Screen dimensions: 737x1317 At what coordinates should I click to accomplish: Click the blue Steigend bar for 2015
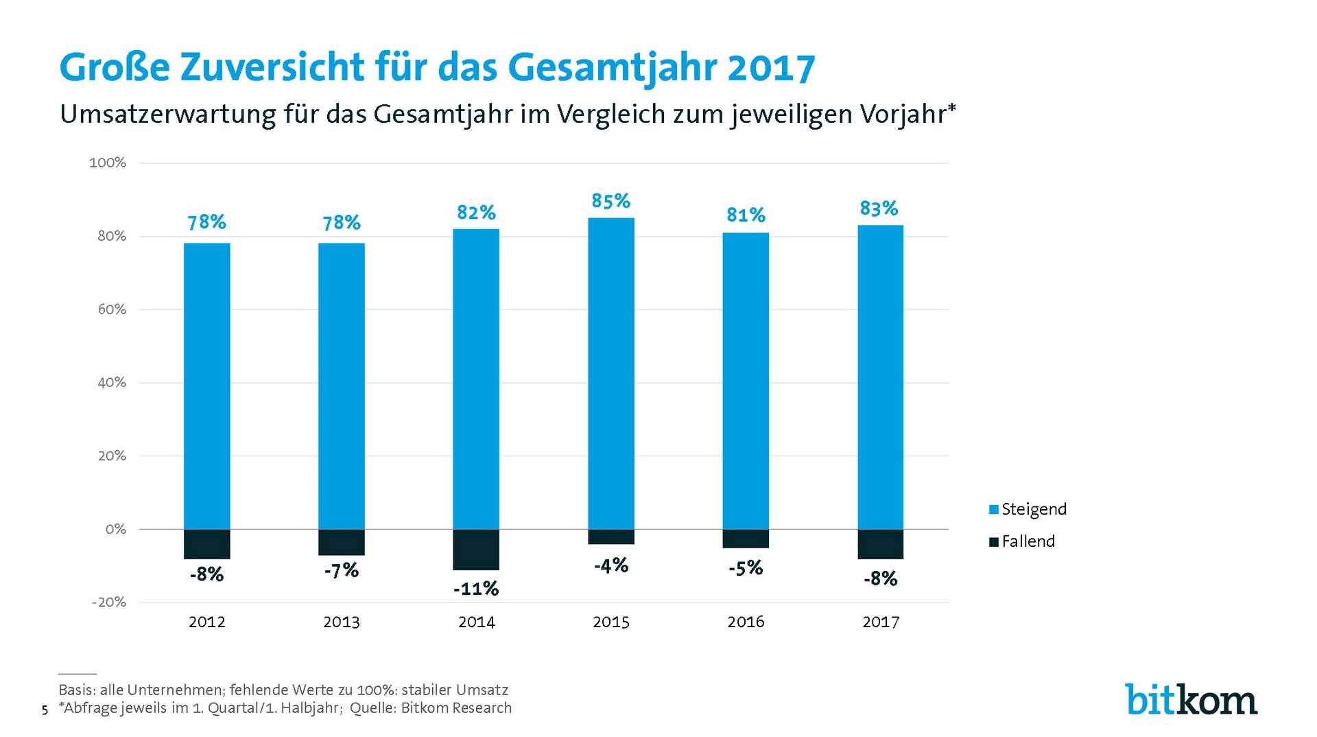610,373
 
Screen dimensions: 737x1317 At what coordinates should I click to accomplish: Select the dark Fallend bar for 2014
476,549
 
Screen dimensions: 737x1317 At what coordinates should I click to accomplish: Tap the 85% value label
610,201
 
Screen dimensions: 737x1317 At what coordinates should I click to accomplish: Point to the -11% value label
476,589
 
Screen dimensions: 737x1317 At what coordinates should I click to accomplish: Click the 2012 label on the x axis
206,622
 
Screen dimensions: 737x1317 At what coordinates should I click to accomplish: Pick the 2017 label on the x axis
881,622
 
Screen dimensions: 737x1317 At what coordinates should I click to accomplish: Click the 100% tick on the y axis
108,163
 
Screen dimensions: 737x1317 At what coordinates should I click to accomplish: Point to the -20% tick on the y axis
109,603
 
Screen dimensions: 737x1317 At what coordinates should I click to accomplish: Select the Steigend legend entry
1028,509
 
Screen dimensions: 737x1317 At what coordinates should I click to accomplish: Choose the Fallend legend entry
1022,541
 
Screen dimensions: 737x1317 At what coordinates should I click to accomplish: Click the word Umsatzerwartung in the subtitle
167,114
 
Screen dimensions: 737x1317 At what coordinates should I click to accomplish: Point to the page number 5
45,710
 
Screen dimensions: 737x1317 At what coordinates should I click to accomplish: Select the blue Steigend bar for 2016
746,381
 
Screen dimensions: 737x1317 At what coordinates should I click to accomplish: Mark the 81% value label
746,215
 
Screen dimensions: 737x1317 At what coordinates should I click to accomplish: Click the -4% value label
610,565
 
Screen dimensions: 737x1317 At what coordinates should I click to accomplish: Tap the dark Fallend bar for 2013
342,542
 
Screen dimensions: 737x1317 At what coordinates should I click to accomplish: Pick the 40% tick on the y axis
112,383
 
